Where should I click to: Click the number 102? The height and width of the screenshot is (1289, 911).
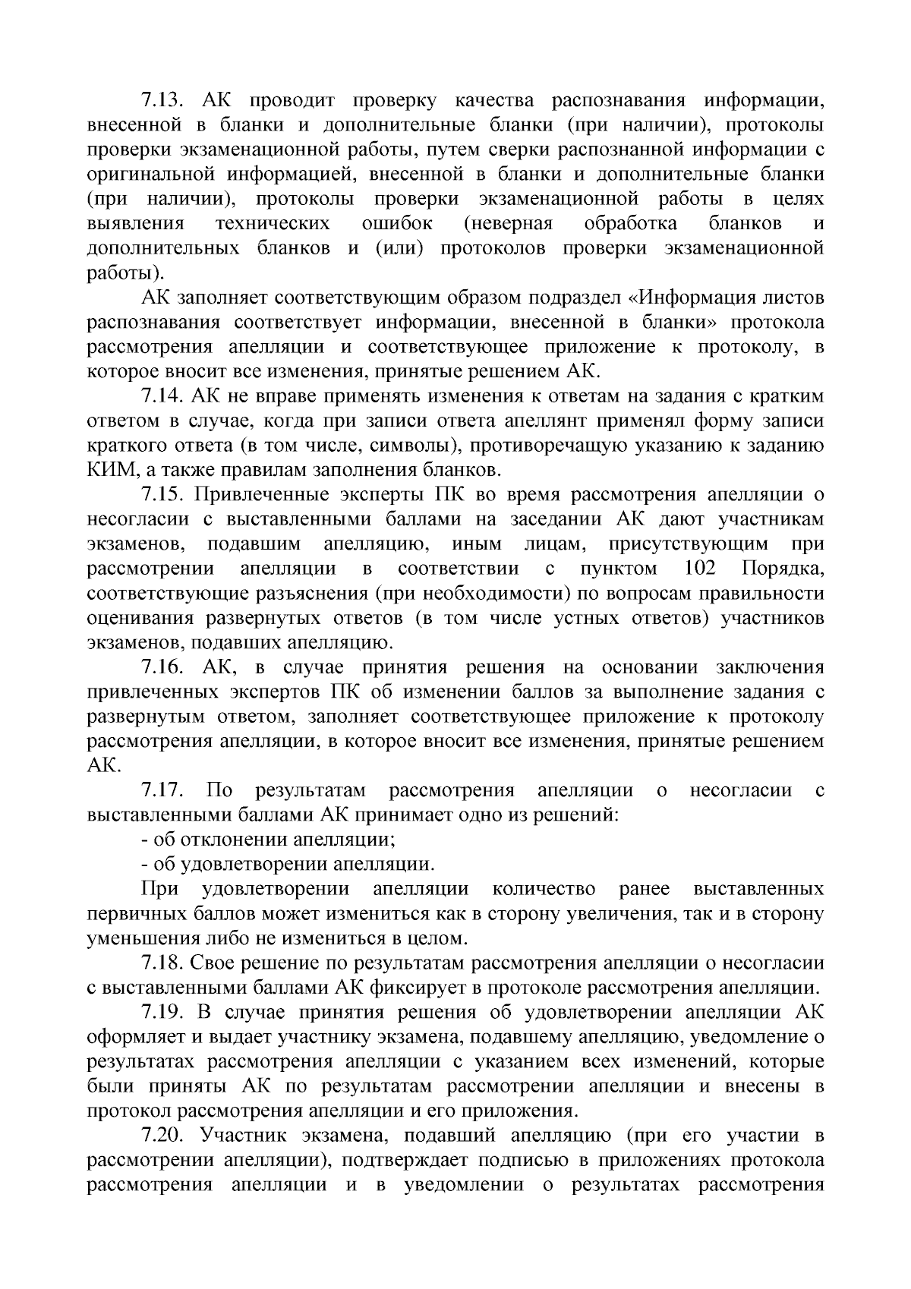point(699,569)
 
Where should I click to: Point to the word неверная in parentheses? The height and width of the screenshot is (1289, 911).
point(508,224)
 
